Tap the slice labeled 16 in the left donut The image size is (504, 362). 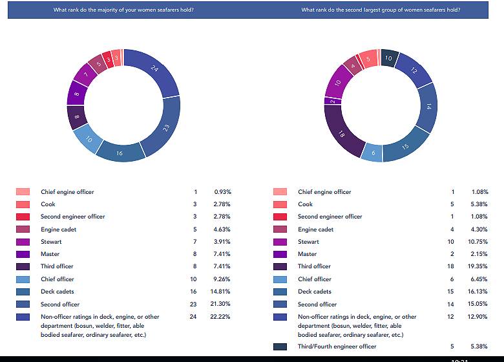pos(119,153)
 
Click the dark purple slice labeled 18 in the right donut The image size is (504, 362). pos(342,134)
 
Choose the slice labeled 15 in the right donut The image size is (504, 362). pos(405,145)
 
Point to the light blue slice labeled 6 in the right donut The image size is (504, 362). pos(372,154)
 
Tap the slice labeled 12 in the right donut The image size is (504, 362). pos(412,70)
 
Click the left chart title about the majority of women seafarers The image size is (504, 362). pos(123,10)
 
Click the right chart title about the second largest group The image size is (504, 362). pos(381,10)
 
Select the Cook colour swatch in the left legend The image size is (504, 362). pos(23,204)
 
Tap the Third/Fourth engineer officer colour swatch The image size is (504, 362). pos(280,346)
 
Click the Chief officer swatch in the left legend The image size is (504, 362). pos(23,279)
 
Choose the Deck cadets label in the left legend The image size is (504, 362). pos(58,292)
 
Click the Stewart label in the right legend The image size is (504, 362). pos(309,242)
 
